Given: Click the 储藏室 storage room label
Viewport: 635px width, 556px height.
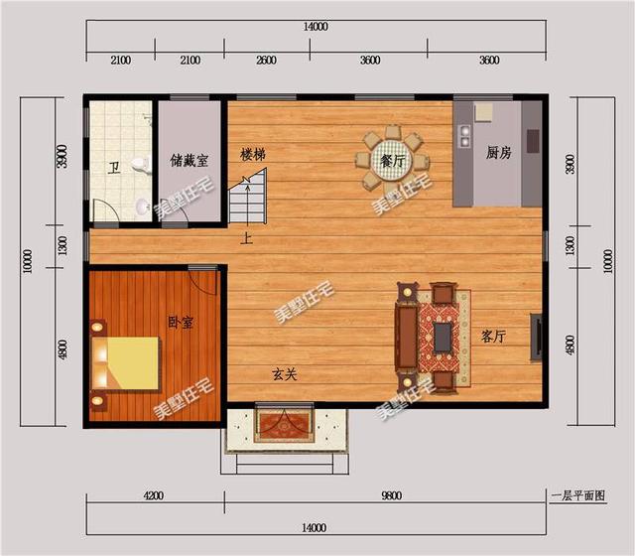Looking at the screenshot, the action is pyautogui.click(x=190, y=161).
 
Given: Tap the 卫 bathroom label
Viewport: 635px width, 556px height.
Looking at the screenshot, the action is pyautogui.click(x=114, y=168).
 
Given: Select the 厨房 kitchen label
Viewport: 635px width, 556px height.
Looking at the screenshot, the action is pyautogui.click(x=498, y=153).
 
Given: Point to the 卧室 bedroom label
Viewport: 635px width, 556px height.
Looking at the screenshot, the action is pyautogui.click(x=181, y=323).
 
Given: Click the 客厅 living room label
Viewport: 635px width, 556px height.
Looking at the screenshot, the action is pyautogui.click(x=493, y=336).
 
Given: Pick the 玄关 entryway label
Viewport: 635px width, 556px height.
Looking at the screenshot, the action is pyautogui.click(x=285, y=374).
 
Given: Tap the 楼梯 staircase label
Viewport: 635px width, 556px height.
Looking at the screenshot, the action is pyautogui.click(x=253, y=155).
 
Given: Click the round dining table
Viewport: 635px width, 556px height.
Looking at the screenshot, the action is pyautogui.click(x=392, y=161).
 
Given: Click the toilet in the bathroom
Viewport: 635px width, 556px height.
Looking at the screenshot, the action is pyautogui.click(x=141, y=165).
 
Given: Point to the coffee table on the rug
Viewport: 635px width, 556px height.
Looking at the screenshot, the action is pyautogui.click(x=443, y=338).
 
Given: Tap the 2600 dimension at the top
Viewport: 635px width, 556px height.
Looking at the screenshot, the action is pyautogui.click(x=266, y=61).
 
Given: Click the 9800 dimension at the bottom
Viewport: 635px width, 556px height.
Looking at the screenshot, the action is pyautogui.click(x=391, y=495).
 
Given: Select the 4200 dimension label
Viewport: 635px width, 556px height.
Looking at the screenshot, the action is pyautogui.click(x=154, y=495).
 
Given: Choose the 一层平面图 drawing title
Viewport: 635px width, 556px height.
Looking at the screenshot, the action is pyautogui.click(x=577, y=495).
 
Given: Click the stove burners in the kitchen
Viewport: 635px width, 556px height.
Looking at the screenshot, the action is pyautogui.click(x=465, y=136).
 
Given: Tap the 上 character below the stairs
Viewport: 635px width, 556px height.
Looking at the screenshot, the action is pyautogui.click(x=246, y=238).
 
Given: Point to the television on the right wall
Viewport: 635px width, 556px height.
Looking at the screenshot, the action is pyautogui.click(x=536, y=337).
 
